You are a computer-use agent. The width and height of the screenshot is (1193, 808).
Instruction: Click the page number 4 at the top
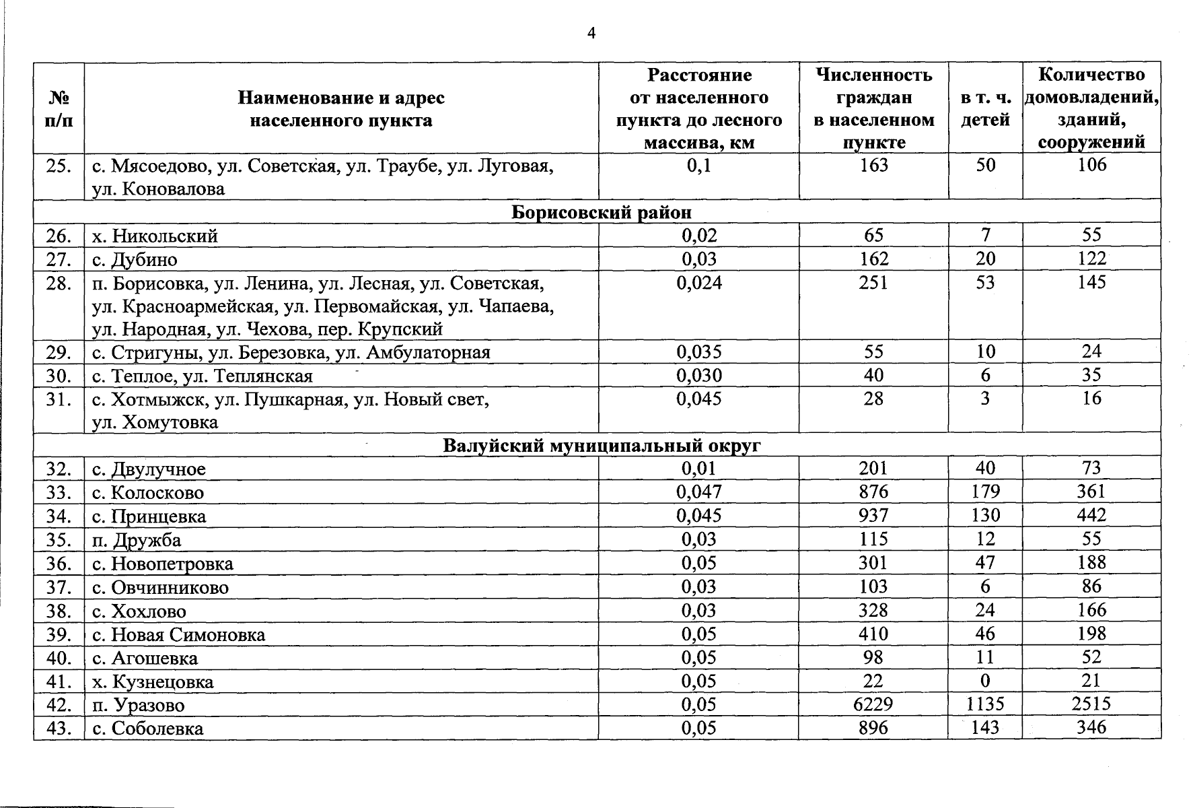(x=591, y=34)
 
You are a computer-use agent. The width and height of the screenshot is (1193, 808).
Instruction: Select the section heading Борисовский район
(x=602, y=213)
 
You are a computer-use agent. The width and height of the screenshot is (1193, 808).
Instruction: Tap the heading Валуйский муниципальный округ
(x=602, y=446)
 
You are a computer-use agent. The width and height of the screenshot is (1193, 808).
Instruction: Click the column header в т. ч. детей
(x=985, y=109)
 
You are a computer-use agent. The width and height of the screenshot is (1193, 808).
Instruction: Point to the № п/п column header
(x=59, y=109)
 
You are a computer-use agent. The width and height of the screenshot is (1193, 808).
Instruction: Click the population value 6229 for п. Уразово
(x=873, y=704)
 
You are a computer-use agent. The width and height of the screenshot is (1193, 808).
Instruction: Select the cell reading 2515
(x=1091, y=704)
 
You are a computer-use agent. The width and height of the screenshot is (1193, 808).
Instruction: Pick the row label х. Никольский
(x=155, y=236)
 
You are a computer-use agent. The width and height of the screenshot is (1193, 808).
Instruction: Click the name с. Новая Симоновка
(x=179, y=635)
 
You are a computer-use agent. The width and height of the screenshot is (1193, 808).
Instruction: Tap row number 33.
(x=59, y=493)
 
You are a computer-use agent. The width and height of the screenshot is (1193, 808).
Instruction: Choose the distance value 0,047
(x=699, y=492)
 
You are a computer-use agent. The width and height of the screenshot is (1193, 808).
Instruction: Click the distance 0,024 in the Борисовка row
(x=699, y=283)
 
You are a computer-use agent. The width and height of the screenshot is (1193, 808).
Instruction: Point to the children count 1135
(x=985, y=704)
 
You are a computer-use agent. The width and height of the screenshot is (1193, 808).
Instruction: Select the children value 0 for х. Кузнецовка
(x=985, y=681)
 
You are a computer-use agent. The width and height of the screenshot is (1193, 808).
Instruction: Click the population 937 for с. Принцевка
(x=873, y=516)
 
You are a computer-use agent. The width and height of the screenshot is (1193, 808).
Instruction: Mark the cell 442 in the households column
(x=1091, y=516)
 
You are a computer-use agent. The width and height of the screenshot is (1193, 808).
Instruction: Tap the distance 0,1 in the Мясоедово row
(x=699, y=166)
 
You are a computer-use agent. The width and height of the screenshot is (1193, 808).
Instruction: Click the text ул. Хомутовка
(x=155, y=423)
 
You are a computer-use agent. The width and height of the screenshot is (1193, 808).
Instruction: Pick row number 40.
(x=59, y=658)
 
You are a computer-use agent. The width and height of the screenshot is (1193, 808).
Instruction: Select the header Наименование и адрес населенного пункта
(x=341, y=109)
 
